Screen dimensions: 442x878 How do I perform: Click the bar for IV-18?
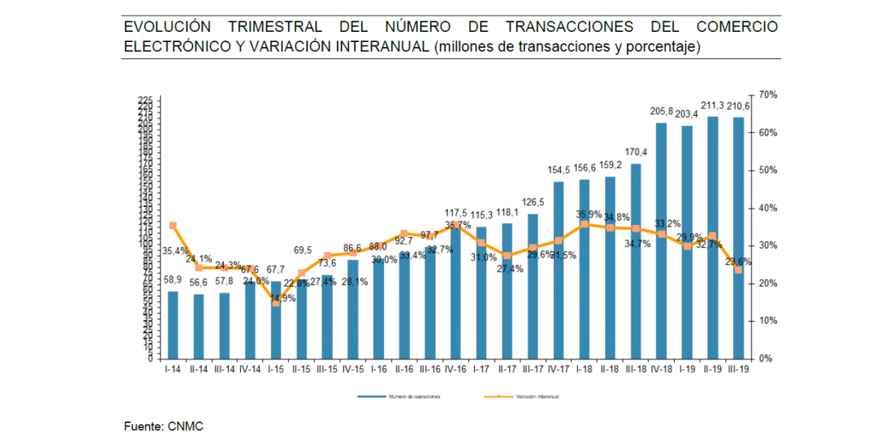click(x=661, y=240)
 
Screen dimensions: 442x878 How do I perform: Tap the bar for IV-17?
click(x=558, y=269)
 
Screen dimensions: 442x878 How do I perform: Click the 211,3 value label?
click(x=713, y=106)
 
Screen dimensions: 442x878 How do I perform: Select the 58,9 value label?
click(x=173, y=281)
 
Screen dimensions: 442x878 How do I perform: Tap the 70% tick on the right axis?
click(x=767, y=95)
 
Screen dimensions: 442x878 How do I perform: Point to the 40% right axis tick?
click(x=767, y=209)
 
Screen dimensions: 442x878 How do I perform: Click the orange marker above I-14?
click(x=173, y=226)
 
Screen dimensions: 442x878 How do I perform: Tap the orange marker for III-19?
click(x=738, y=269)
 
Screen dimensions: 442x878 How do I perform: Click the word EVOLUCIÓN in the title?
click(x=168, y=27)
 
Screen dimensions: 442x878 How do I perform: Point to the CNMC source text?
click(x=186, y=426)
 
